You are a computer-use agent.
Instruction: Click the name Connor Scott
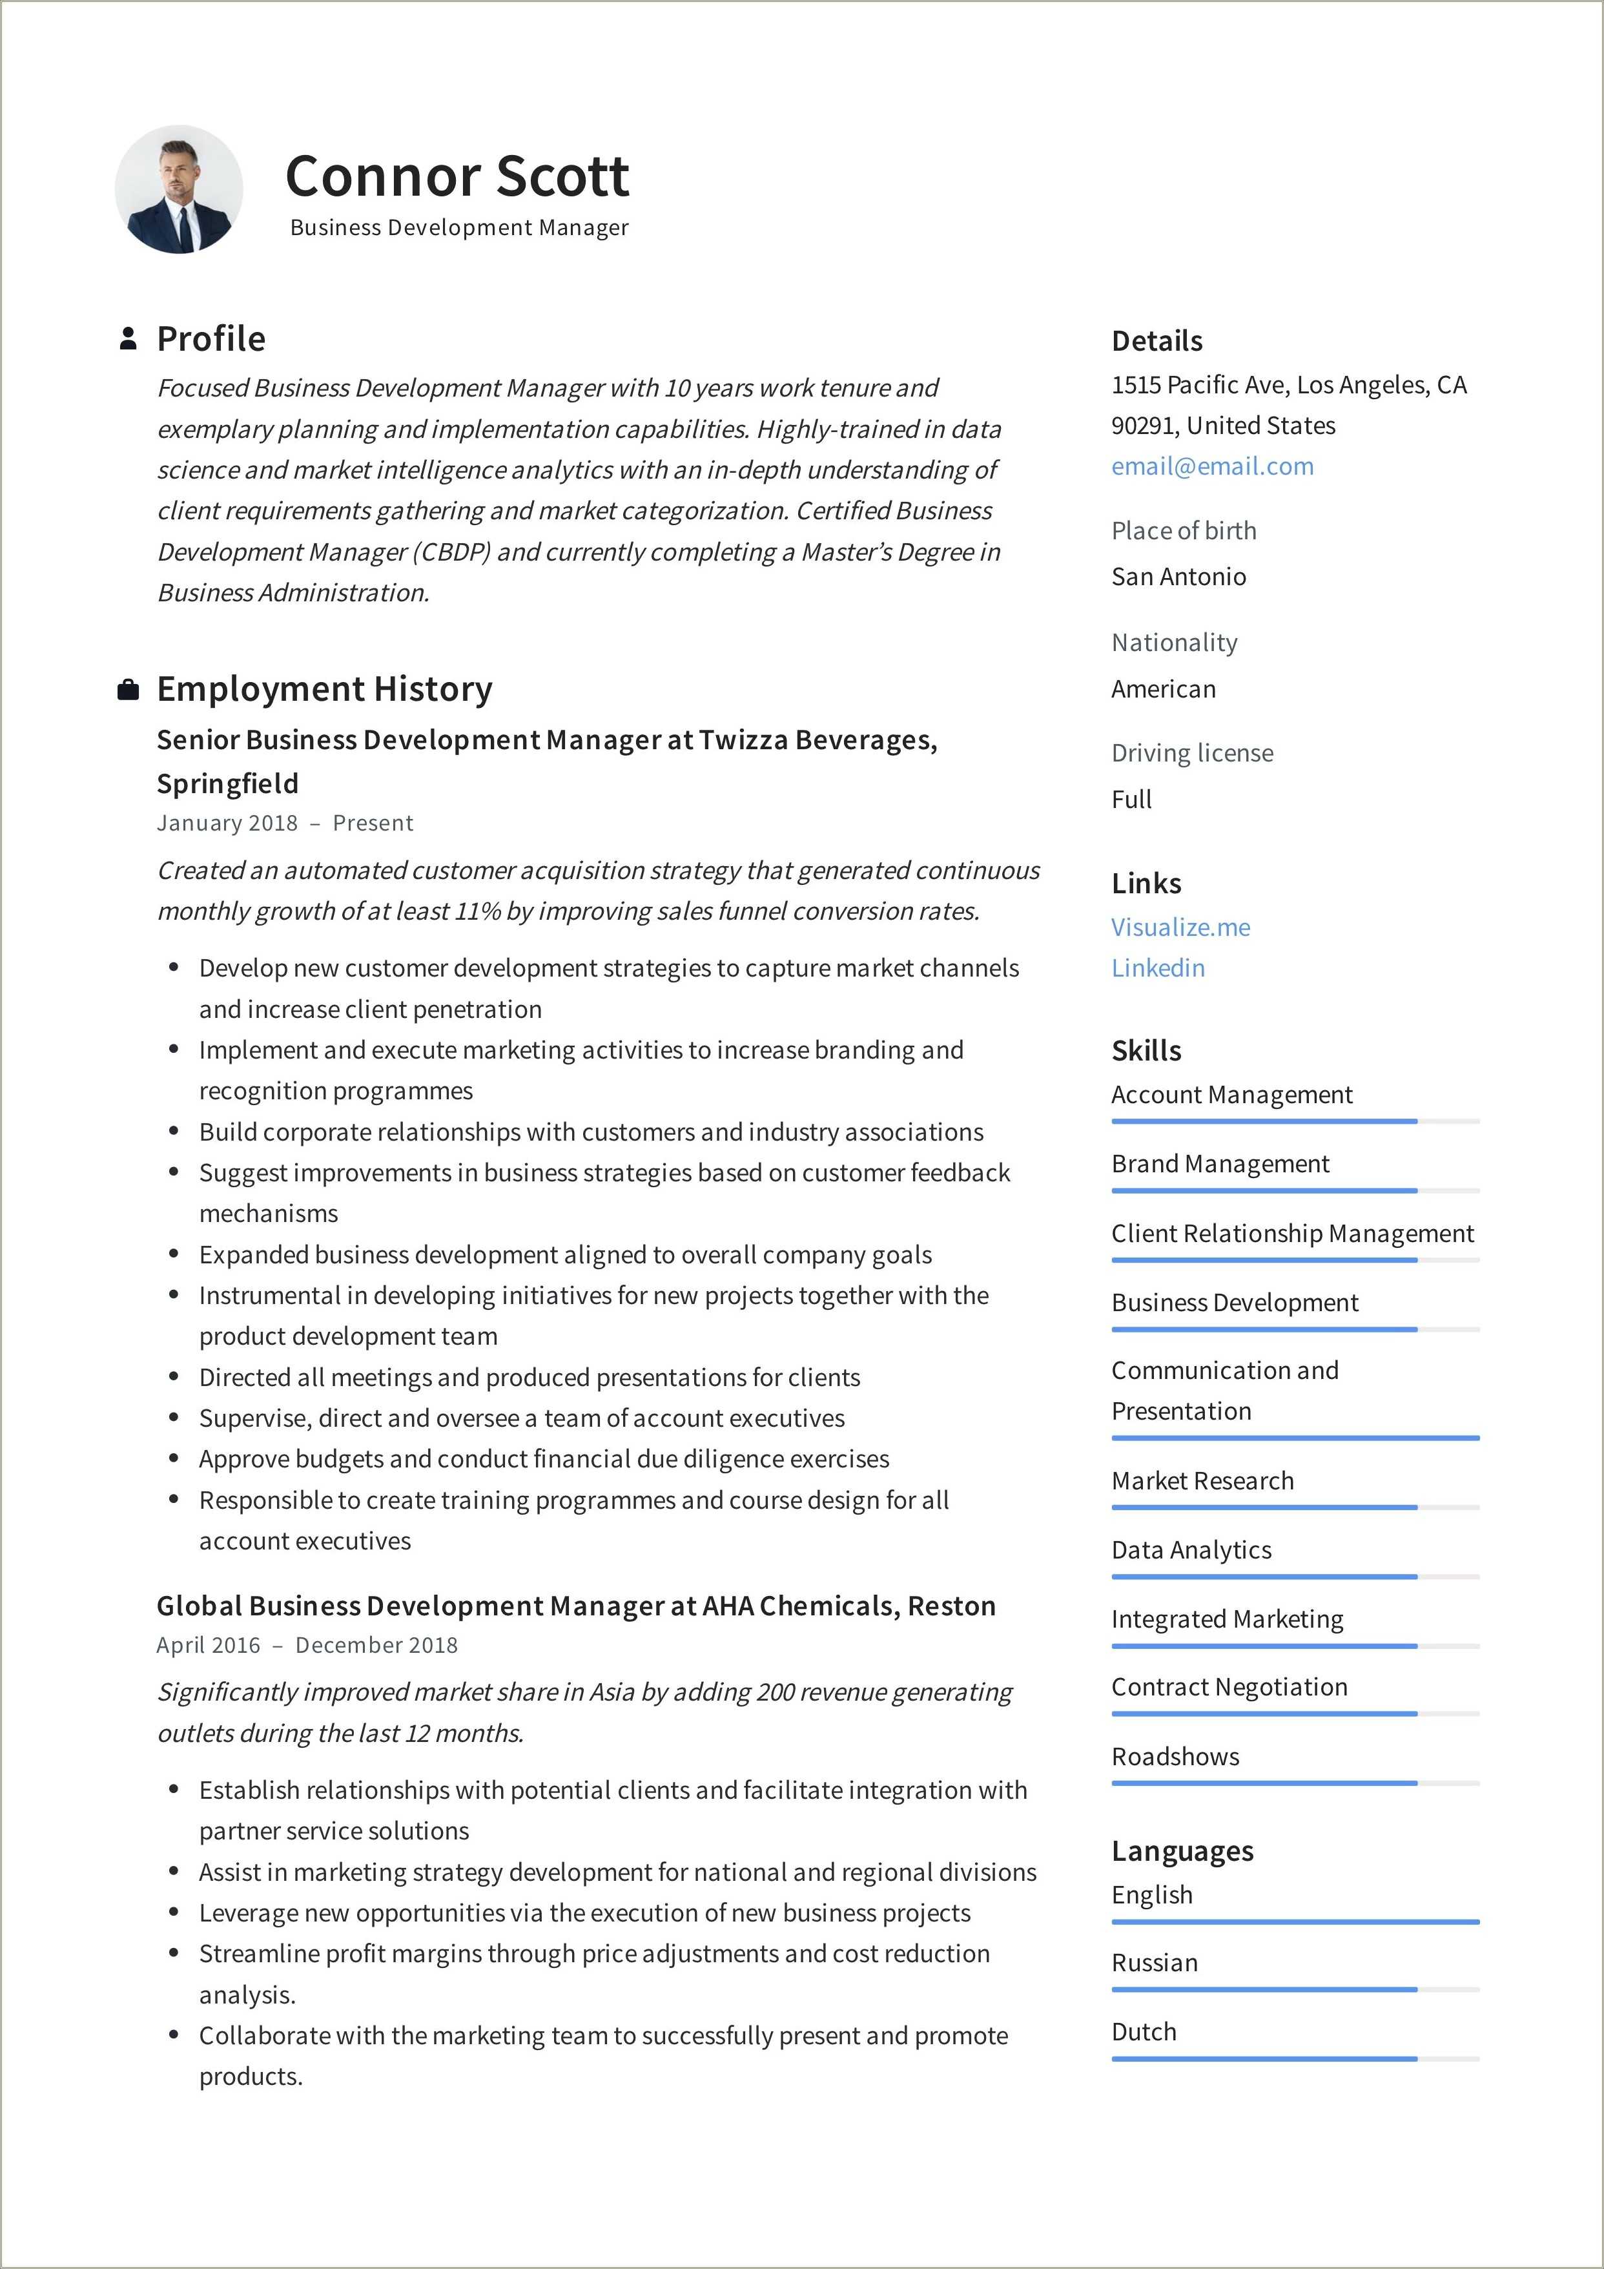click(457, 177)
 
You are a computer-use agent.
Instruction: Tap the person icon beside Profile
click(127, 339)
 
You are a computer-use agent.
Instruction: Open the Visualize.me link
click(1180, 927)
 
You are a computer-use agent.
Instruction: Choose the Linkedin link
click(1157, 968)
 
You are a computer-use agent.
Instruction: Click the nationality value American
click(1163, 689)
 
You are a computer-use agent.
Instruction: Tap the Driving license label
click(1192, 753)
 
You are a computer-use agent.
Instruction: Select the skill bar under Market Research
click(1295, 1507)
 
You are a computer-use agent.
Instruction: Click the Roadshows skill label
click(1175, 1756)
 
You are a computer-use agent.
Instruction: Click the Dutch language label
click(1144, 2032)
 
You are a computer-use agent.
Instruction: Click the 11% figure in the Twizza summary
click(477, 911)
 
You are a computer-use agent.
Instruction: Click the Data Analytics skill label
click(1191, 1549)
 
